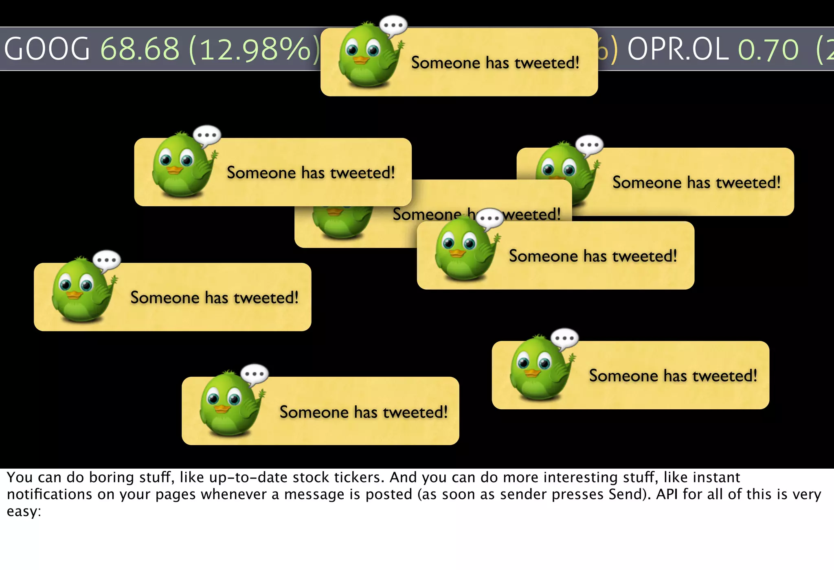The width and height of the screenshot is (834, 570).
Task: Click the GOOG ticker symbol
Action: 46,49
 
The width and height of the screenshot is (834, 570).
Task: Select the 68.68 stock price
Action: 140,49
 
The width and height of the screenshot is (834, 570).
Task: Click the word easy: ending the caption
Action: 24,512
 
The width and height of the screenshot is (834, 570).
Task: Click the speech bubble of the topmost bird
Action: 393,26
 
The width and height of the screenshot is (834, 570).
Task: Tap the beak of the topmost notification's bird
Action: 360,60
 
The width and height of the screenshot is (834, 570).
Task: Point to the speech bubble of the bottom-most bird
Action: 255,373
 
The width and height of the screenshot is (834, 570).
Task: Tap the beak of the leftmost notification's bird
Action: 74,295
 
